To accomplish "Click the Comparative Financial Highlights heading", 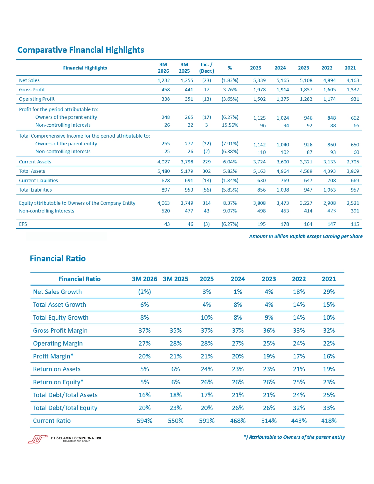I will (x=81, y=50).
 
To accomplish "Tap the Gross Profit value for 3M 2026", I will (x=166, y=90).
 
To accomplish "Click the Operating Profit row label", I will (x=37, y=99).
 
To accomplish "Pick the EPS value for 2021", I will (x=355, y=224).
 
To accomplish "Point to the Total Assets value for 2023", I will (x=306, y=171).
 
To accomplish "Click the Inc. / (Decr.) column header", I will (x=207, y=68).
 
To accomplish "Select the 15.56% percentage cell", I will (x=230, y=125).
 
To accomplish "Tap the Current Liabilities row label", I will (x=38, y=181).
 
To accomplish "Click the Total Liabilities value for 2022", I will (x=329, y=190).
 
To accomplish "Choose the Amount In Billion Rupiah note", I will (x=306, y=236).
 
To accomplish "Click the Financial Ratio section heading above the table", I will (x=58, y=259).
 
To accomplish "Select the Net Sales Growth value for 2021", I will (x=329, y=292).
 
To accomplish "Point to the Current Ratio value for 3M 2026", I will (x=145, y=421).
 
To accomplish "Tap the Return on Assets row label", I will (x=57, y=369).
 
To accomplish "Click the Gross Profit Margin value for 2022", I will (x=299, y=331).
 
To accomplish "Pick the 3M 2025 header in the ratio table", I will (x=175, y=279).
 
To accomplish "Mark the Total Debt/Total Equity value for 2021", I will (x=329, y=408).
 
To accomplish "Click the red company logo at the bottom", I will (x=38, y=439).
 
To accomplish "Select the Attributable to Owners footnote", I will (x=294, y=437).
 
